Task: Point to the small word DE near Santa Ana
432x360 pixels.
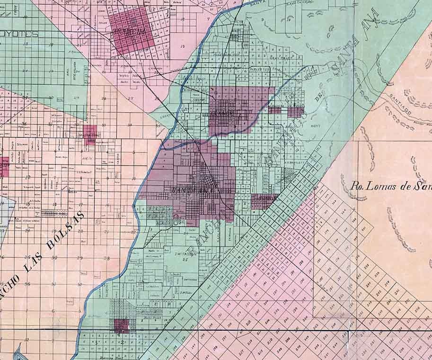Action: coord(317,98)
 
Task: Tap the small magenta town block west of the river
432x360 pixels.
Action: coord(89,134)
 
